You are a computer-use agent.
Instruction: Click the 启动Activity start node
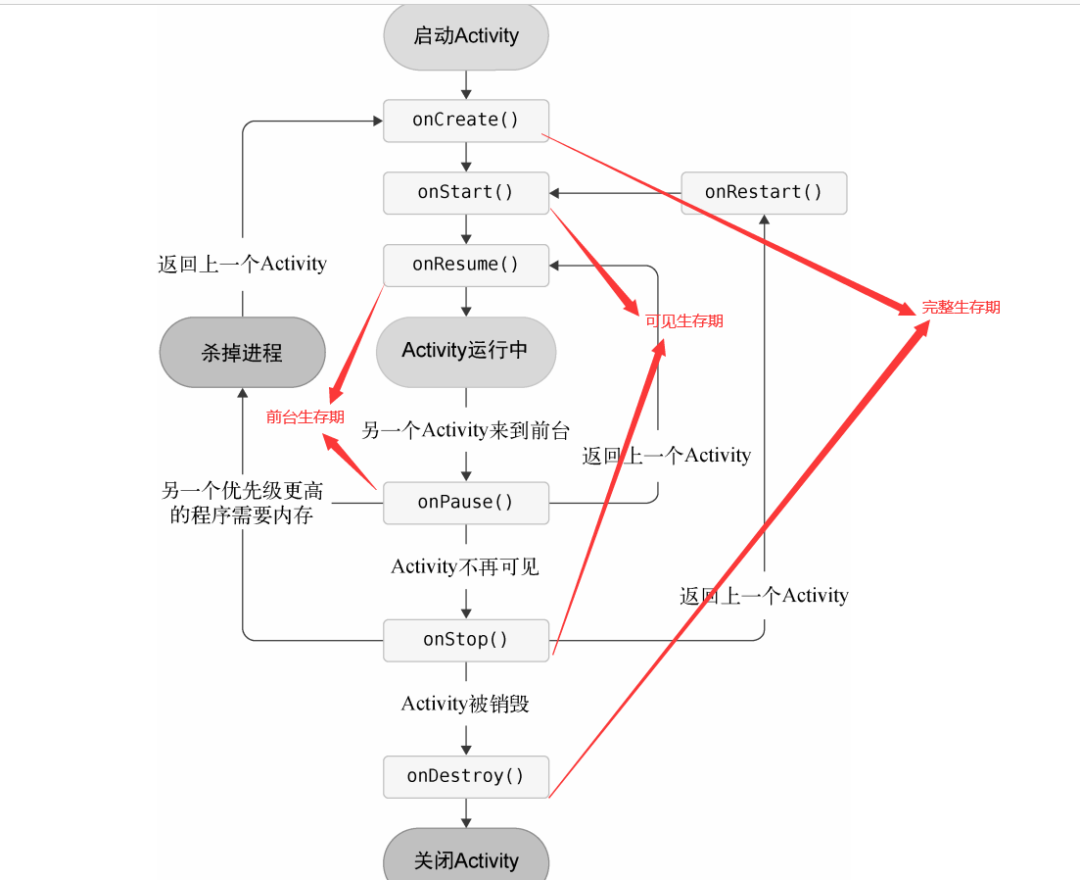point(465,36)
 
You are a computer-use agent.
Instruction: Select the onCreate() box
point(465,120)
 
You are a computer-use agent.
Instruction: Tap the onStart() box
point(465,192)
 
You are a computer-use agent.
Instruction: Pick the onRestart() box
point(764,192)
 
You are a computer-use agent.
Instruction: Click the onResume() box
point(465,265)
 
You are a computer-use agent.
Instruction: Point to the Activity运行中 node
point(465,351)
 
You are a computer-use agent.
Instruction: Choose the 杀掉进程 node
point(242,353)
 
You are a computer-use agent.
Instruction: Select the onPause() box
point(465,502)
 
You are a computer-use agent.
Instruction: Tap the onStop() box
point(465,640)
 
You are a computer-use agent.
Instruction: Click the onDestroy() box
point(465,776)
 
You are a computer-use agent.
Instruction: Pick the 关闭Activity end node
point(465,860)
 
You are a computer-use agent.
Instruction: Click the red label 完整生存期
point(961,308)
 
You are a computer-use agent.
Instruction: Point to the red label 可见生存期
point(684,321)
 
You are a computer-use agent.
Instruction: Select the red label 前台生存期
point(305,417)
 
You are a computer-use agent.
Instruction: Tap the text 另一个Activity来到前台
point(465,430)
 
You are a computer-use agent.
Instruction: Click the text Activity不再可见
point(465,566)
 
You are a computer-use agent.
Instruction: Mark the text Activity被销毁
point(465,704)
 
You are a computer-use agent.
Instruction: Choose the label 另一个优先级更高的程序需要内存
point(242,503)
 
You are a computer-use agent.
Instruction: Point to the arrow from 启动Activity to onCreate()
point(465,84)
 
